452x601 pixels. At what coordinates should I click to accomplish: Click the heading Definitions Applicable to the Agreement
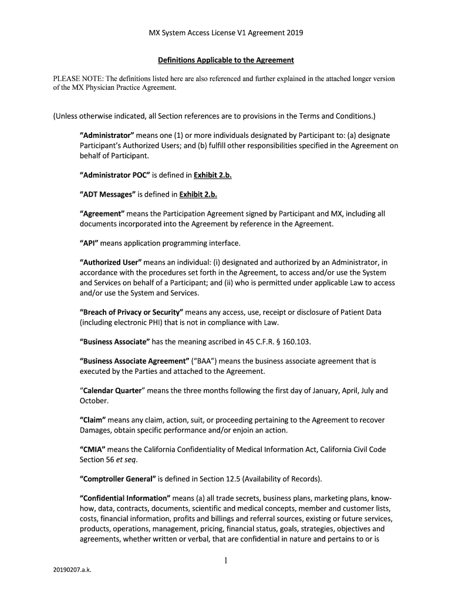coord(226,60)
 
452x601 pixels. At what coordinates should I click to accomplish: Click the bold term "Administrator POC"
coord(116,174)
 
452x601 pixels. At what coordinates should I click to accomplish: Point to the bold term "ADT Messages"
coord(107,194)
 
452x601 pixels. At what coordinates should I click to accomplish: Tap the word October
coord(94,400)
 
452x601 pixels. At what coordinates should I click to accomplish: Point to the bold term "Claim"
coord(93,420)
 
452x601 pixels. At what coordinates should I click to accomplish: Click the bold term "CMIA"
coord(93,450)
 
